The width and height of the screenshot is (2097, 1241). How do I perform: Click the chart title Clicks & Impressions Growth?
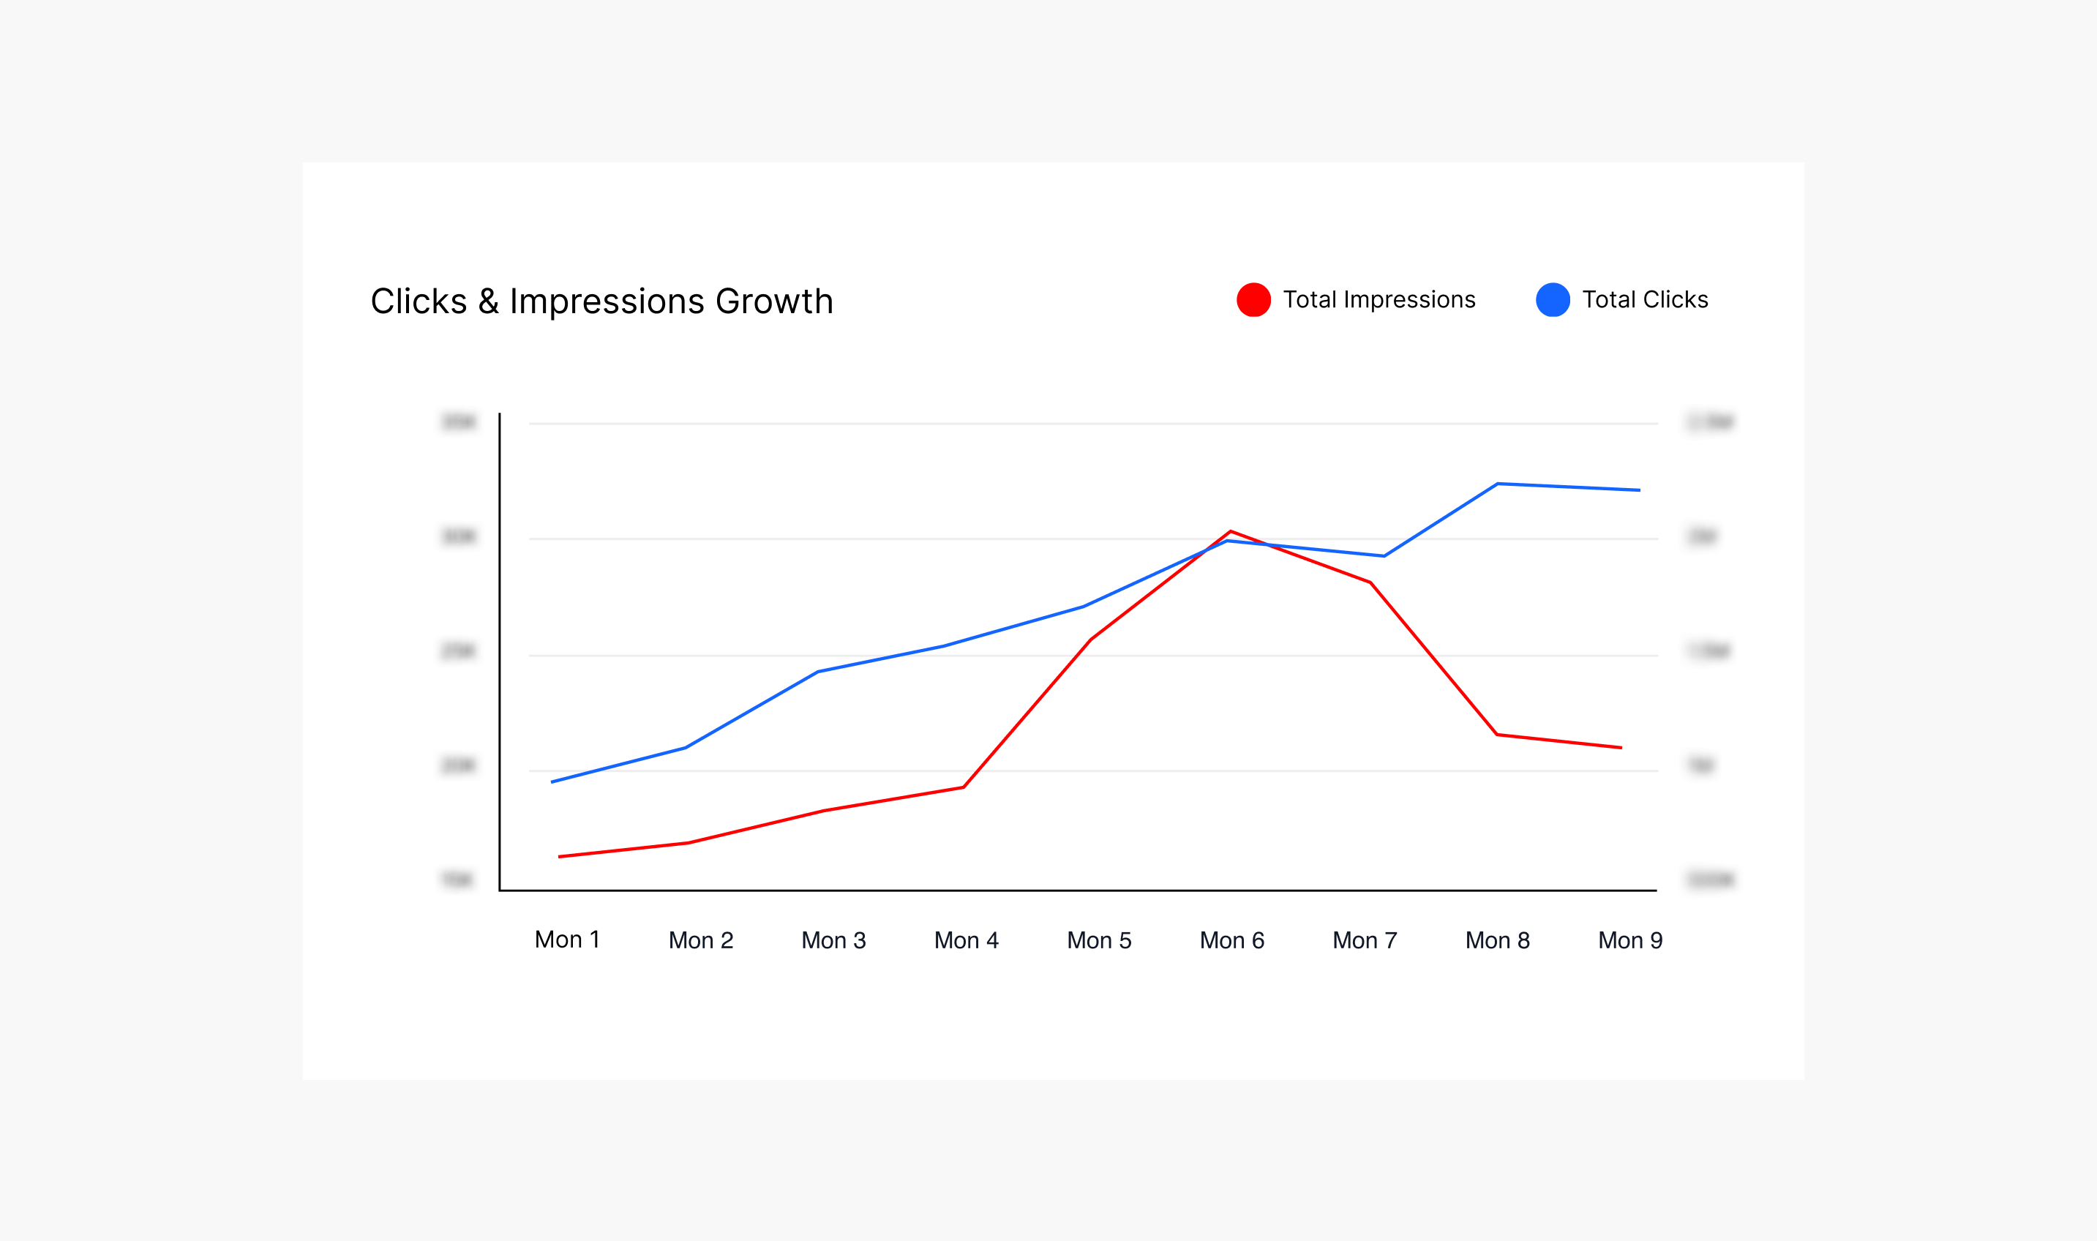[601, 301]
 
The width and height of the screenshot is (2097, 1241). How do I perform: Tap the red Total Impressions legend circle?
[1253, 299]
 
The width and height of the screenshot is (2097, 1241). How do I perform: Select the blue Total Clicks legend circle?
[1553, 299]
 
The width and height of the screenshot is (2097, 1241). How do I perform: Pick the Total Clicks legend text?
[1645, 299]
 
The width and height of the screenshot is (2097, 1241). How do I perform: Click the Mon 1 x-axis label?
[567, 940]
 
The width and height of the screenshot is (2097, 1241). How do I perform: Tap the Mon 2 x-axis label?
[701, 941]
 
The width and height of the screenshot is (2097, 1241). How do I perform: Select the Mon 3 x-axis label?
[833, 941]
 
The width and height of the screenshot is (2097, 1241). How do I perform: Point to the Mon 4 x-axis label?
[966, 941]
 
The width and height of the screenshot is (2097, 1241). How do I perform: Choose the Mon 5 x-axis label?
[1099, 941]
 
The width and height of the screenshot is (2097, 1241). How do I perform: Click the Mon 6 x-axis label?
[1231, 941]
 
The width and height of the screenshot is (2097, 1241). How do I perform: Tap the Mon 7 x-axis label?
[1365, 941]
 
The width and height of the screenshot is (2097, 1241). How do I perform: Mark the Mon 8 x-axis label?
[1498, 941]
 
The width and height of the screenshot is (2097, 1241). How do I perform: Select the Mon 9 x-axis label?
[1629, 941]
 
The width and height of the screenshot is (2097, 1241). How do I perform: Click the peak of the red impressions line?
[1231, 531]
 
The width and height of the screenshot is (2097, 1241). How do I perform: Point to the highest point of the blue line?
[1498, 484]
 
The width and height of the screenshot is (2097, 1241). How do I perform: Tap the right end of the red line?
[1621, 748]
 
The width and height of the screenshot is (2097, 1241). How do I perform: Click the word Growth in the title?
[774, 301]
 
